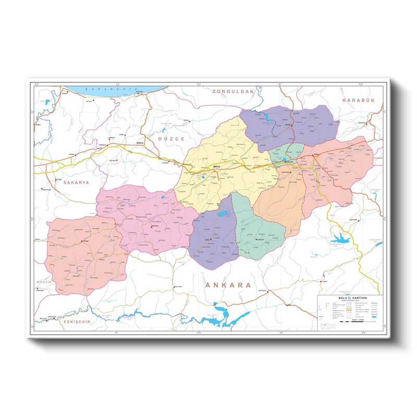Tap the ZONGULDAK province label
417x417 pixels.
click(x=232, y=91)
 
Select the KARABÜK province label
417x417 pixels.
click(x=359, y=100)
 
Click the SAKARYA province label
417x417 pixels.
click(x=77, y=183)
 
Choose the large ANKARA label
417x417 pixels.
click(x=228, y=285)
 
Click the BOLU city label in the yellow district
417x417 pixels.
click(x=217, y=166)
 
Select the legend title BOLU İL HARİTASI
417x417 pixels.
click(x=350, y=297)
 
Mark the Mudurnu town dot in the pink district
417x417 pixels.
click(x=152, y=226)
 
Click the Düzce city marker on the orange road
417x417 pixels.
click(x=137, y=144)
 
